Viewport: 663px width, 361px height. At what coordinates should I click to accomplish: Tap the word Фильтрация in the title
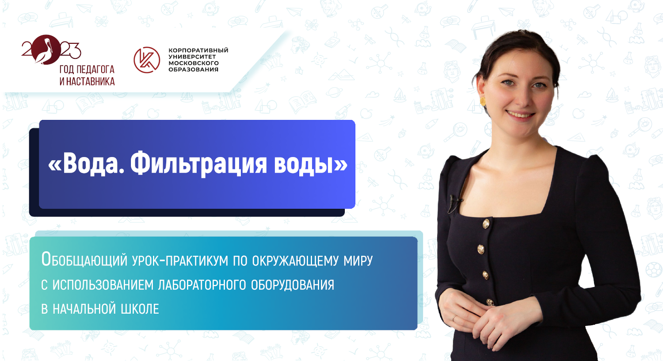click(x=198, y=165)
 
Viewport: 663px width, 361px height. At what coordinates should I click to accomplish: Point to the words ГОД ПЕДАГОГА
click(x=87, y=69)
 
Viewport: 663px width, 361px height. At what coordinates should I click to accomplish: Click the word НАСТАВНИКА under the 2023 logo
click(x=90, y=81)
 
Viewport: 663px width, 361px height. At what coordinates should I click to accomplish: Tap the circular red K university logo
click(x=147, y=60)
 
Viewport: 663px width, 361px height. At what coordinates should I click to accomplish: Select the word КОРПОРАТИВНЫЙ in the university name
click(x=198, y=50)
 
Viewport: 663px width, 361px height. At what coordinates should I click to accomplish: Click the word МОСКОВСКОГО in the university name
click(x=194, y=63)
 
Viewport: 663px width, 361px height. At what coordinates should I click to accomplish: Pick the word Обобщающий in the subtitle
click(x=84, y=260)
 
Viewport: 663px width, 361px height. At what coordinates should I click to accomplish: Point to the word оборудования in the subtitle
click(x=292, y=285)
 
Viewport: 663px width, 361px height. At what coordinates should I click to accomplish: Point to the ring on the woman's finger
click(x=454, y=317)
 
